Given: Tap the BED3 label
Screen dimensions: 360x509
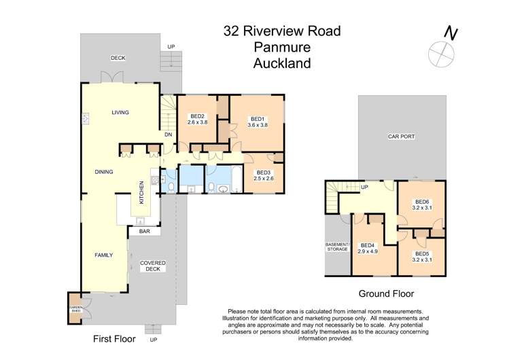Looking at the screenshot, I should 264,172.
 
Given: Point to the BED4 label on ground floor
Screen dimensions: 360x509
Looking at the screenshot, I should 368,245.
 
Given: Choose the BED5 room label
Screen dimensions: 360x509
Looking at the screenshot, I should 422,254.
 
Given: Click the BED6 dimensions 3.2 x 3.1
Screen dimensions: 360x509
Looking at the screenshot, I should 423,207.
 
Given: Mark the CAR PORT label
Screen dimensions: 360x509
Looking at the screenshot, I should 401,137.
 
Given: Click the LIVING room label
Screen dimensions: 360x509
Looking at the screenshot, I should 120,112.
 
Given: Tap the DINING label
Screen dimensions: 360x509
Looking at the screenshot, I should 104,172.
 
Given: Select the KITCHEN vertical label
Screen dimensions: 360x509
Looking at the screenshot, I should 141,193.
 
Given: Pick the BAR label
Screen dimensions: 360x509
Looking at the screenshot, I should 144,232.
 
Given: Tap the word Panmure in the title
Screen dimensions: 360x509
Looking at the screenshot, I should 282,47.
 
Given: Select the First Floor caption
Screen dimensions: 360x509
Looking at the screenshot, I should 114,338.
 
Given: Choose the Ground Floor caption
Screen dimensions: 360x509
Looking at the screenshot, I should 386,294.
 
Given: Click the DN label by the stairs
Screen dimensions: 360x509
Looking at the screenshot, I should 167,134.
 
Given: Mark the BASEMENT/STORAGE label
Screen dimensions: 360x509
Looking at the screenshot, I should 337,247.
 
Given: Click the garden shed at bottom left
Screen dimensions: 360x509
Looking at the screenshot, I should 75,309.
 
